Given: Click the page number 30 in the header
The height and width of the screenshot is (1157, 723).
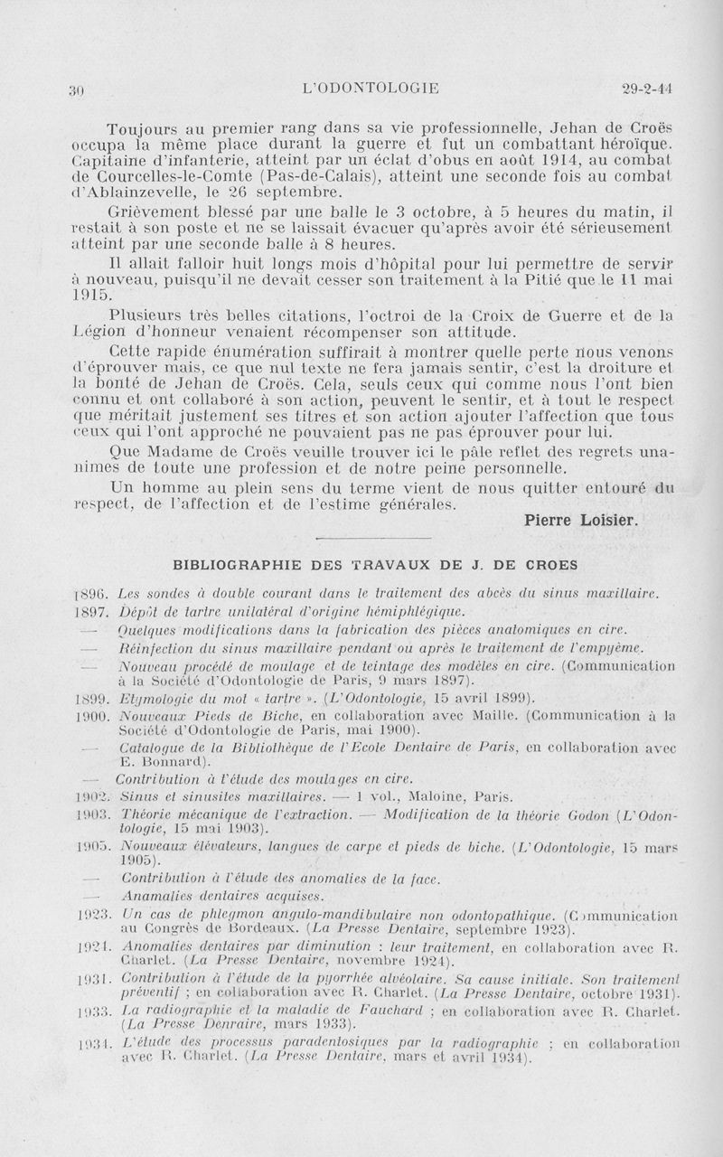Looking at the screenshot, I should [77, 89].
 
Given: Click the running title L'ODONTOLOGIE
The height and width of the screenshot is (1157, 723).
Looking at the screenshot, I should [371, 88].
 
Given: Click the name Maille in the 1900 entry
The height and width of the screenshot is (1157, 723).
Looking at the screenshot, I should [474, 715].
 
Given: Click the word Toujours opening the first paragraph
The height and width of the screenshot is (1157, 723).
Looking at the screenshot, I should [143, 128].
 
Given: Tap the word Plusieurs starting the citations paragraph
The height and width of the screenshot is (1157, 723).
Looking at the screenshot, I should [149, 315].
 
